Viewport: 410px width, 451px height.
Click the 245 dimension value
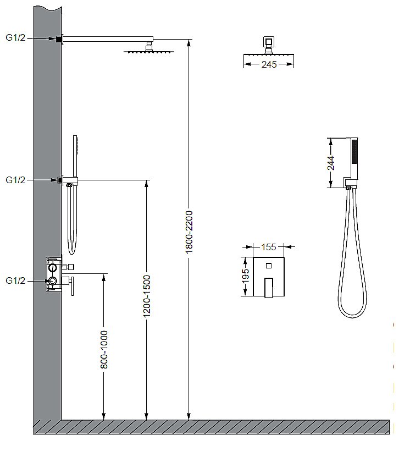point(269,64)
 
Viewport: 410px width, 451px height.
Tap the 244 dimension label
point(331,163)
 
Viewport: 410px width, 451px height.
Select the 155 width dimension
point(268,247)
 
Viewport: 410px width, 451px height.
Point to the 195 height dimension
point(245,276)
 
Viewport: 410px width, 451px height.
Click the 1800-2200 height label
point(189,232)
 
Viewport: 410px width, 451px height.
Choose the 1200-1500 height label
point(147,296)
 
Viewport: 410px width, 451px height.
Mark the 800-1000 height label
point(104,349)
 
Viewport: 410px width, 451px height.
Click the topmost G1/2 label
point(15,37)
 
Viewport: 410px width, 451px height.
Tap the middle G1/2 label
point(15,180)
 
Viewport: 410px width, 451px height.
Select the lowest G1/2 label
point(15,280)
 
